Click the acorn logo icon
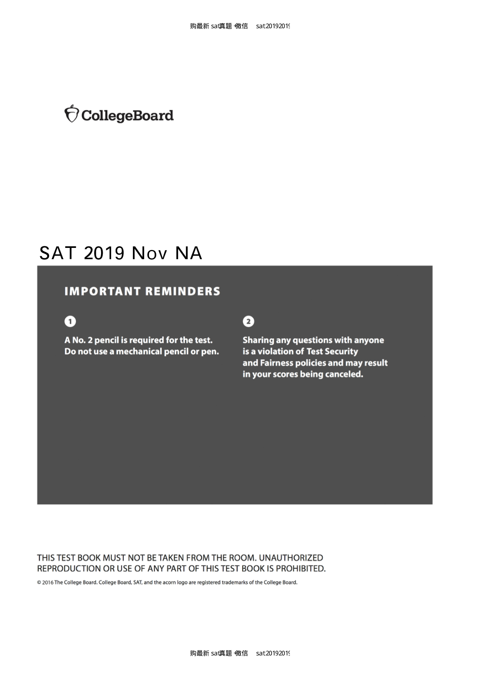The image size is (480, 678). (x=71, y=114)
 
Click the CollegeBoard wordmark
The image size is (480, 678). (x=127, y=116)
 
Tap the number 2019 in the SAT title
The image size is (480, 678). (x=104, y=253)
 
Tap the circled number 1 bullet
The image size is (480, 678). (x=70, y=321)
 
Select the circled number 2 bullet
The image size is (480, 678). (x=248, y=321)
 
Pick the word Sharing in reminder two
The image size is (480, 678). (x=258, y=340)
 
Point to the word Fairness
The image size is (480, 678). (x=277, y=363)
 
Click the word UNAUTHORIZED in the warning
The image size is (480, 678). (x=291, y=558)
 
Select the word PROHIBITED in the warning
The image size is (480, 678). (x=300, y=569)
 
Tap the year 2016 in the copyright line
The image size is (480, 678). (x=48, y=582)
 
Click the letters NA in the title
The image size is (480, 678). (x=188, y=253)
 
